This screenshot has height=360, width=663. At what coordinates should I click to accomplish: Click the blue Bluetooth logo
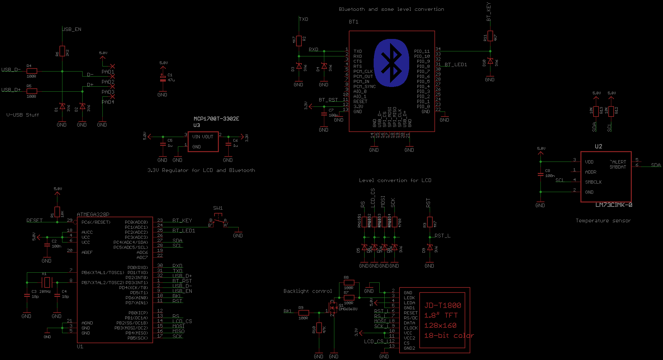click(391, 63)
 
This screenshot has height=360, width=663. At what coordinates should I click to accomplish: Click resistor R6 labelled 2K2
click(62, 51)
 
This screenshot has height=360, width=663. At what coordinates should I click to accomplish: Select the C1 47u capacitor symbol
click(163, 79)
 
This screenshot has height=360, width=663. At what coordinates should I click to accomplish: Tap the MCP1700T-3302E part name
click(216, 119)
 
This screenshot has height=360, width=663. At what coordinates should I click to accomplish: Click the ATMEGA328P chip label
click(93, 214)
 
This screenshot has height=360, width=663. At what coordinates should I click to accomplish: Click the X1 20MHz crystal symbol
click(47, 282)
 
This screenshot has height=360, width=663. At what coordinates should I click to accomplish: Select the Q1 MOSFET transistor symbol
click(332, 308)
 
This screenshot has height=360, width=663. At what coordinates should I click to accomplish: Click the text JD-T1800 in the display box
click(443, 305)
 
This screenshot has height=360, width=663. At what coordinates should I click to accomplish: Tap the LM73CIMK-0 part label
click(614, 205)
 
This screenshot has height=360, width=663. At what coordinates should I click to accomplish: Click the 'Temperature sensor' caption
click(603, 221)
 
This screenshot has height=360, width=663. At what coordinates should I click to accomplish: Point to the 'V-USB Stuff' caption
click(22, 115)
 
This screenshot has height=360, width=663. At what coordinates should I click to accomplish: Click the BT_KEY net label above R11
click(489, 12)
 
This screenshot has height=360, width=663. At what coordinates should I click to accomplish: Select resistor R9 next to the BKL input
click(303, 313)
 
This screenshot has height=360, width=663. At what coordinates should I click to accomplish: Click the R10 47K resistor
click(319, 328)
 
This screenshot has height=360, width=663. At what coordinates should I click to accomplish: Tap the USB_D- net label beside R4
click(11, 70)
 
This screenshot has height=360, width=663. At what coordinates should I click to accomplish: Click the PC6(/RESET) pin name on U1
click(96, 222)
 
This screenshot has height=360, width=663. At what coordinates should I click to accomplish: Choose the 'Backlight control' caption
click(307, 291)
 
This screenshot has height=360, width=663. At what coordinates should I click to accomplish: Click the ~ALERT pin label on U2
click(618, 162)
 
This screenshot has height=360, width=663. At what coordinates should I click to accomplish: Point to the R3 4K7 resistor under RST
click(430, 222)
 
